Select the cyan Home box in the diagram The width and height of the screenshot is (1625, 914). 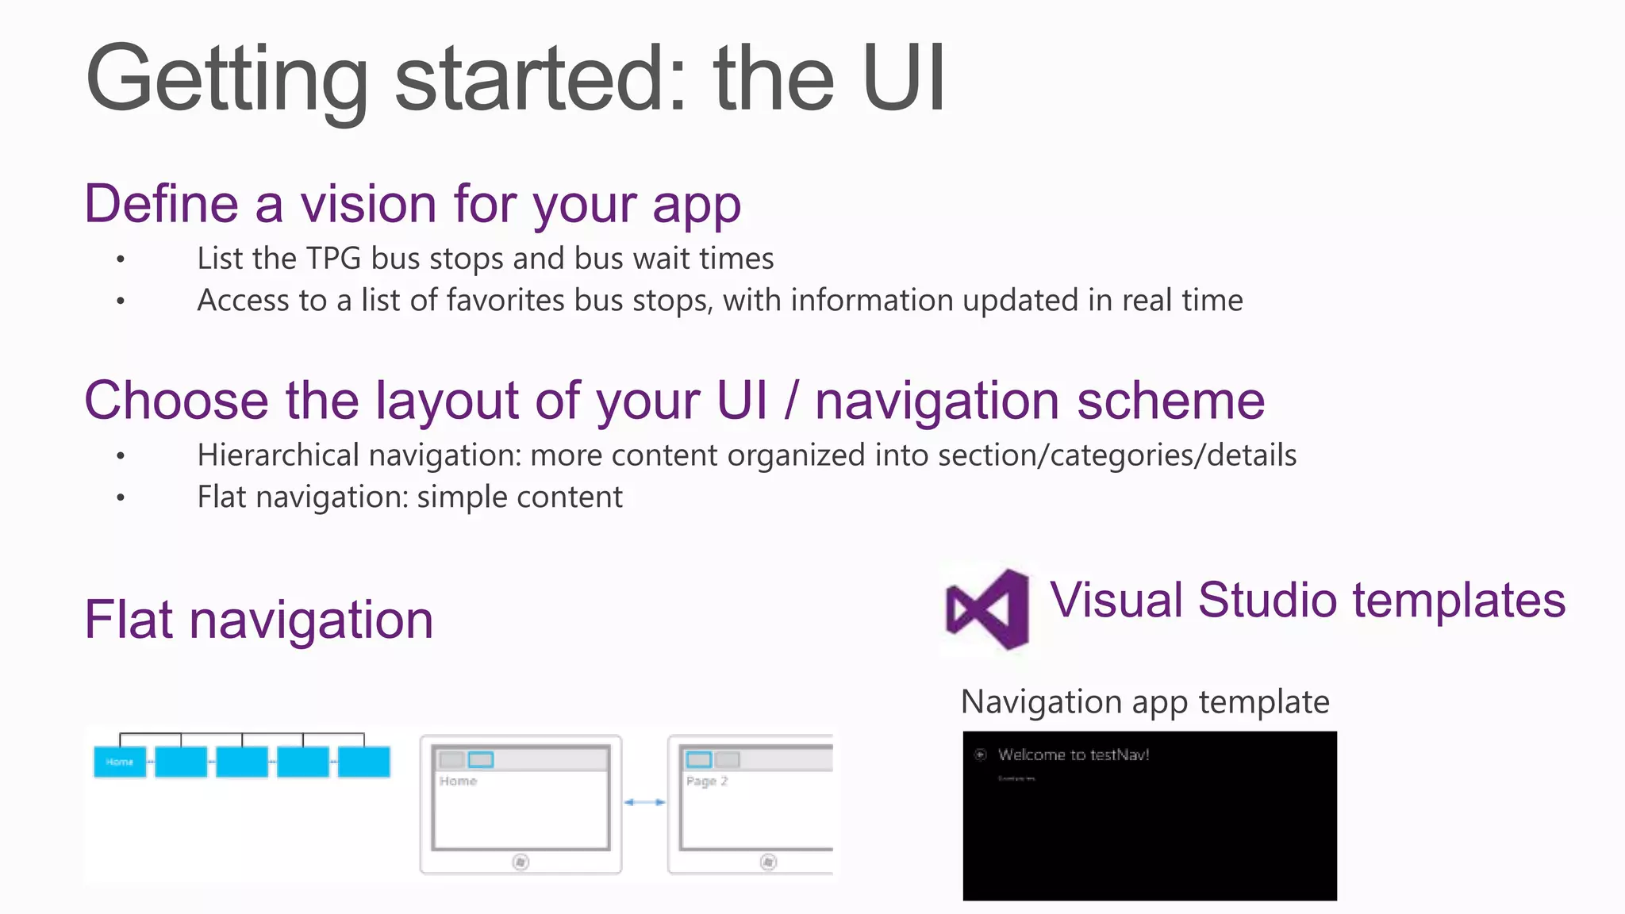(x=120, y=762)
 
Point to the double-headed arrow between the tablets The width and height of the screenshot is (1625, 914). (x=644, y=802)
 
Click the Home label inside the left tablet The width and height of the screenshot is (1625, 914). (x=459, y=781)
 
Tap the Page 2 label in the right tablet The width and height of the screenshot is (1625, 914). (x=706, y=781)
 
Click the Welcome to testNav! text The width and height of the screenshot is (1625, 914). (x=1074, y=755)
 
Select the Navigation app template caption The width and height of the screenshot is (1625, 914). (x=1145, y=702)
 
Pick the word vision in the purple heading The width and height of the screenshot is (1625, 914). (x=368, y=205)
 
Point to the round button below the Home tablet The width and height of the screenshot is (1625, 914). (x=521, y=862)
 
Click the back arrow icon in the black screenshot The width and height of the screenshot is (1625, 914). (x=981, y=755)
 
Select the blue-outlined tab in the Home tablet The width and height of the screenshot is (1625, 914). (x=481, y=759)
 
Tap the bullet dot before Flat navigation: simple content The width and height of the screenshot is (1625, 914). (x=121, y=498)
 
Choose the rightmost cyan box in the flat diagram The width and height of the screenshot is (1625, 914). (x=364, y=762)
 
